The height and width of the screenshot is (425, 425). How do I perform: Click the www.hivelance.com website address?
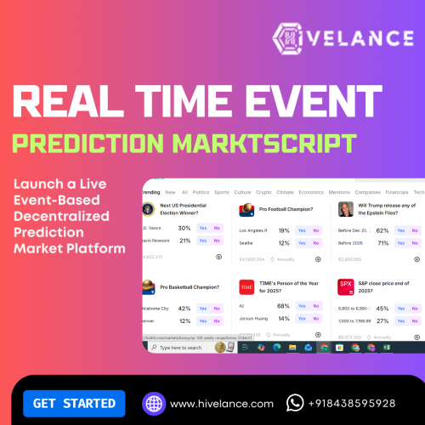221,403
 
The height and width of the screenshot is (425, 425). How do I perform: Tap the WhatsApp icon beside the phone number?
295,403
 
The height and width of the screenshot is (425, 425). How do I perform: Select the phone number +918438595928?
353,403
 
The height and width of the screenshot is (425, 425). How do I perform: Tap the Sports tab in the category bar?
221,193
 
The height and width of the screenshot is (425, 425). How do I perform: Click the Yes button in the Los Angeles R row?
302,230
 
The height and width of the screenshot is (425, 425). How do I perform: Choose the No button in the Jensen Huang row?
316,318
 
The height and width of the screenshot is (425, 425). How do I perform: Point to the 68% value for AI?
284,305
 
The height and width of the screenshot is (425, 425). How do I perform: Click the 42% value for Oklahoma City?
184,309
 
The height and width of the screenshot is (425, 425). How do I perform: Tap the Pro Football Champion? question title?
286,208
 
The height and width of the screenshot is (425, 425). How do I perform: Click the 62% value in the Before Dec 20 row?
382,230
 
